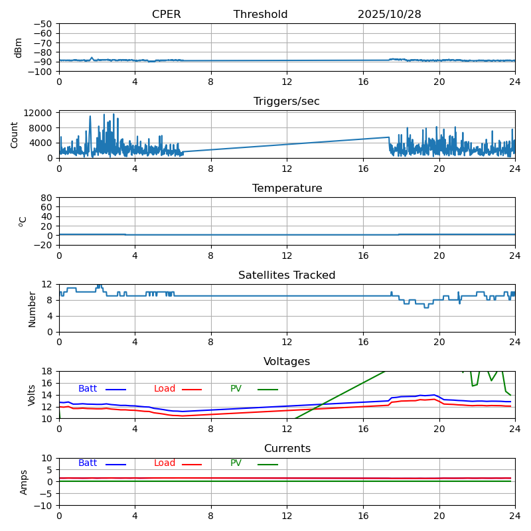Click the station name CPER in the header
[166, 15]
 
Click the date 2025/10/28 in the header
[389, 15]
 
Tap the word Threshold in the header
[260, 15]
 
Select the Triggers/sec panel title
[287, 102]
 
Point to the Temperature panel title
[287, 189]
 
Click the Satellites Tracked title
[287, 275]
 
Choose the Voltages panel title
[287, 362]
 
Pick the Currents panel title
[287, 449]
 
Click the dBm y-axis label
[19, 48]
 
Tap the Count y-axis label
[15, 135]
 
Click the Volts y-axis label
[32, 395]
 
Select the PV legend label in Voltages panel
[236, 389]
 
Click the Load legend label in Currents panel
[165, 463]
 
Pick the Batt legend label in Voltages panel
[88, 389]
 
